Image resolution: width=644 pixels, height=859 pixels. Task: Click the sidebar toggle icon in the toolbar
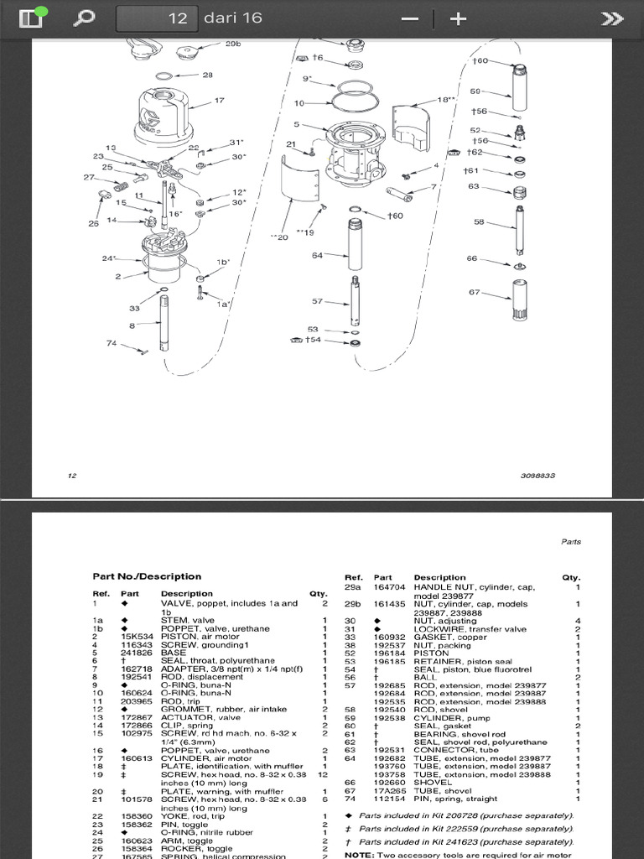30,18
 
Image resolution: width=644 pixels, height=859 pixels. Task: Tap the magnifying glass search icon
85,18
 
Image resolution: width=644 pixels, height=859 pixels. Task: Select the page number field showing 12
157,18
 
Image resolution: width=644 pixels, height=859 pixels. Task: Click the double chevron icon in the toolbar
613,18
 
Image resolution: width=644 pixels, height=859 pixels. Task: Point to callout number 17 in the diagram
220,101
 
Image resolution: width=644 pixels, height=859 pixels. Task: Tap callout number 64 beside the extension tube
318,255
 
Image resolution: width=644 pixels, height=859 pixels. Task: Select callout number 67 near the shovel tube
475,292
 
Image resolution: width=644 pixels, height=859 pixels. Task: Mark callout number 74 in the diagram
112,343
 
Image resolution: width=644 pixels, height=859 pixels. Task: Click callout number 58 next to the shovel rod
479,222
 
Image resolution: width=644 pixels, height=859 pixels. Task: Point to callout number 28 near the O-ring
207,75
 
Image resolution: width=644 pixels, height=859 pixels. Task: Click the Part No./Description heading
147,576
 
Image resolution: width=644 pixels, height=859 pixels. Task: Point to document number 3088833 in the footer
538,476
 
